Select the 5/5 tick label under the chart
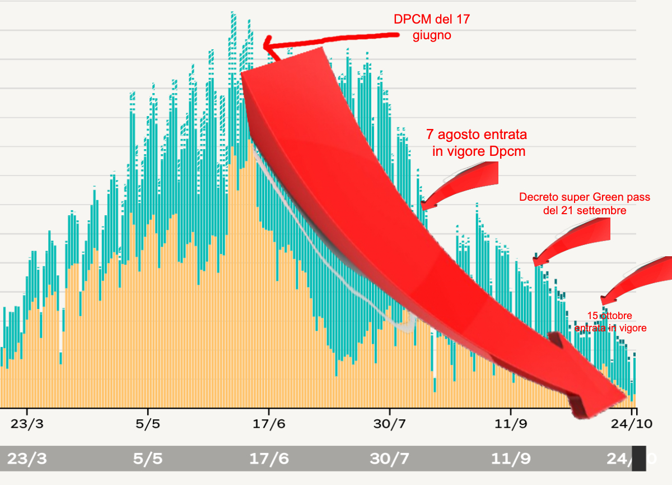147,424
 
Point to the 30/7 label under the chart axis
390,424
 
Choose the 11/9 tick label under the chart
511,424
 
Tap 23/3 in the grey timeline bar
27,459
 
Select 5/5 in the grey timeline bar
148,459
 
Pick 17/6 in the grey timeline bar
269,459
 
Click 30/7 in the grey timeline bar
390,459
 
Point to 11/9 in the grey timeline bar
511,459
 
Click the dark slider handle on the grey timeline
639,458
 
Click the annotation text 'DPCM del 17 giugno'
431,27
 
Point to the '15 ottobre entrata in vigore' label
610,322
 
